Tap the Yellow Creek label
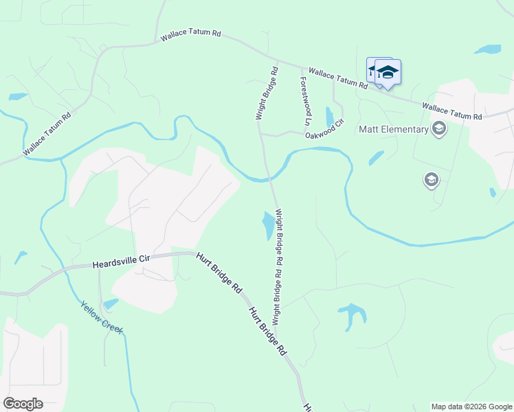101,317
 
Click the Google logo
23,404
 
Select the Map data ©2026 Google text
471,407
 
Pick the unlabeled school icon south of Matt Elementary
431,180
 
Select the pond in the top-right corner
488,49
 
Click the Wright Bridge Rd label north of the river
267,93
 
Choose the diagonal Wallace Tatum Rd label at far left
47,133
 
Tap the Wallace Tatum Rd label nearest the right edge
452,112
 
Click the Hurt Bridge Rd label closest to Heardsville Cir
219,273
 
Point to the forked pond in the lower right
352,314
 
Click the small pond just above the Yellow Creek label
110,303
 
